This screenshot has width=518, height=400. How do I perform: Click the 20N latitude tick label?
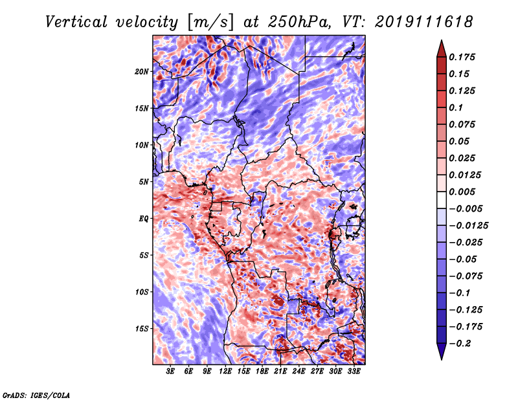point(141,72)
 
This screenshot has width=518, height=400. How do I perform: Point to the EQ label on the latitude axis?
point(144,219)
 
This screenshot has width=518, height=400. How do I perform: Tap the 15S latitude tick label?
point(141,329)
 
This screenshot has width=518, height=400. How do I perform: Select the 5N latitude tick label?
point(144,182)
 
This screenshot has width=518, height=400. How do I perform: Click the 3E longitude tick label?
point(170,372)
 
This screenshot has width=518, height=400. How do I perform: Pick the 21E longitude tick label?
point(280,372)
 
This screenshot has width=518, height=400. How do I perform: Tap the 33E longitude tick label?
point(354,372)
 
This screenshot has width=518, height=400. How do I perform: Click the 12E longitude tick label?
point(225,372)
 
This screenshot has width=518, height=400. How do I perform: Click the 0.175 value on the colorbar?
point(462,57)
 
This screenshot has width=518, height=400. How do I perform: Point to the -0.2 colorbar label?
point(460,344)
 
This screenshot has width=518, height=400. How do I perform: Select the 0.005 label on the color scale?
point(462,192)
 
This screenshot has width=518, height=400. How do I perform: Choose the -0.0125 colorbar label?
point(468,226)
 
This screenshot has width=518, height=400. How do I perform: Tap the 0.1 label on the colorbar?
point(456,107)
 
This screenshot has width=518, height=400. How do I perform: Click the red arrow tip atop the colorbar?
point(442,40)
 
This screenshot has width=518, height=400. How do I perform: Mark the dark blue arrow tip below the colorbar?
point(442,359)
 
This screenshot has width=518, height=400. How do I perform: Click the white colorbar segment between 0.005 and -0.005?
point(442,200)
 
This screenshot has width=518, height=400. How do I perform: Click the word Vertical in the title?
point(76,22)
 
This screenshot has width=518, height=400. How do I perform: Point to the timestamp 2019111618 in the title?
point(424,22)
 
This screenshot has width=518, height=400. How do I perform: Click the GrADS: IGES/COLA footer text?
point(36,395)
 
